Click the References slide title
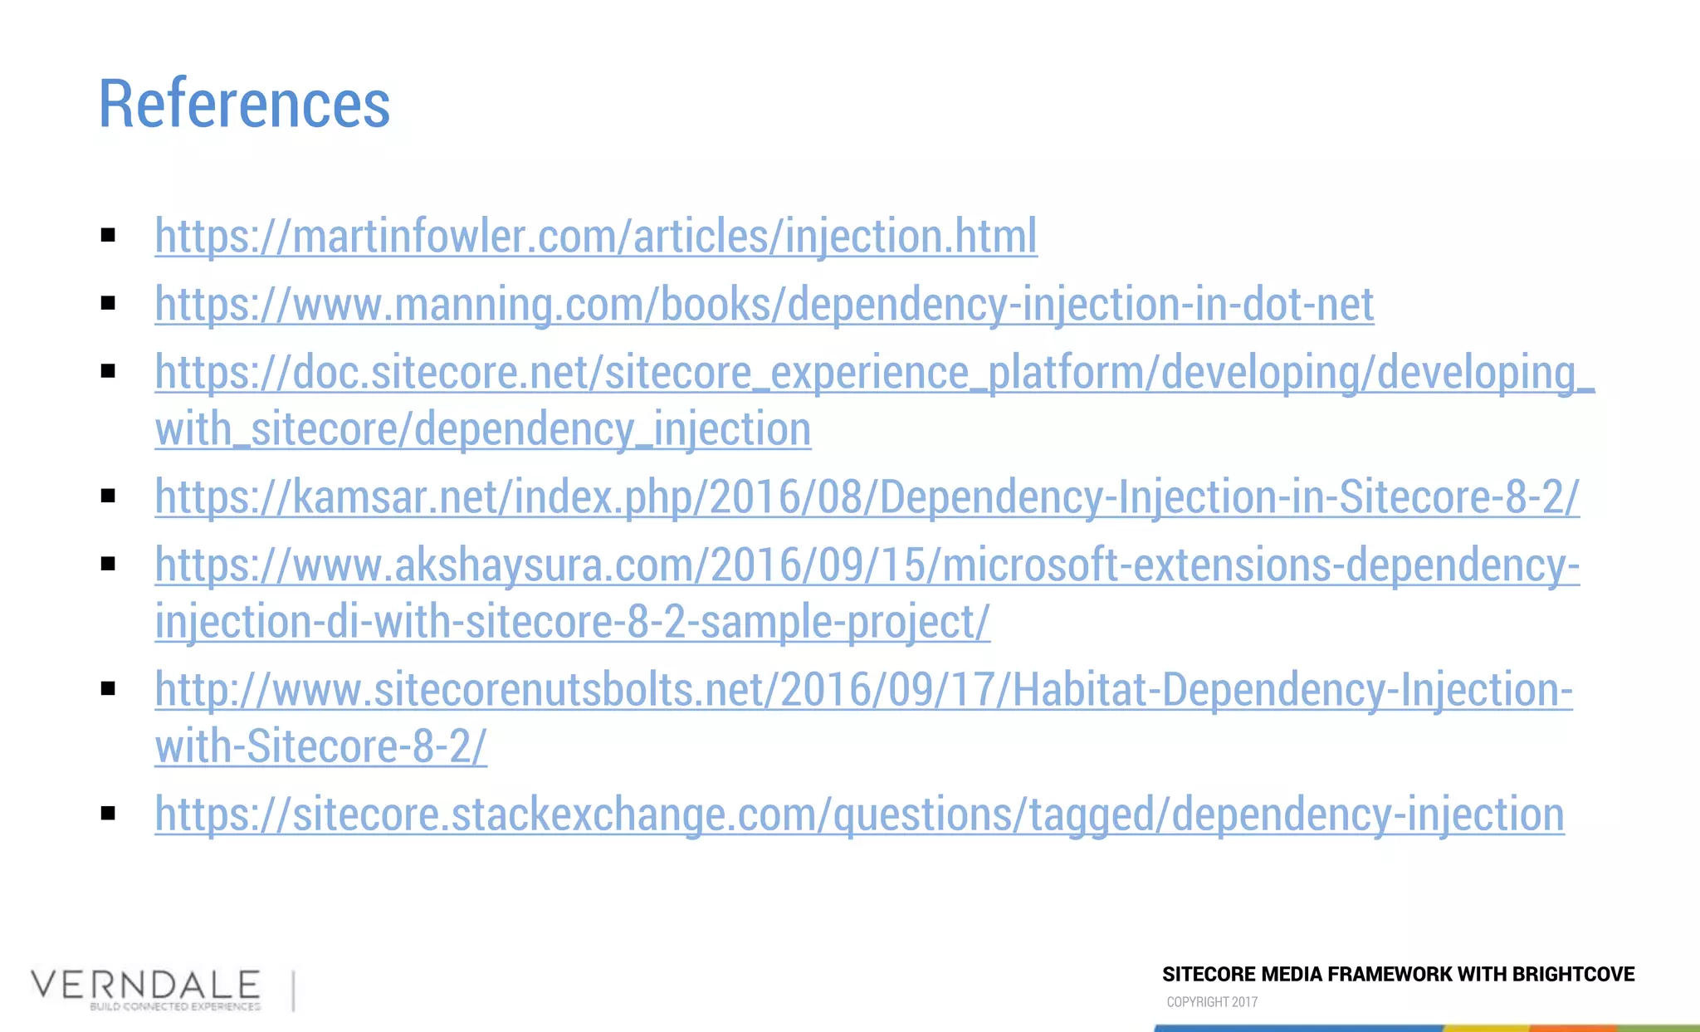click(x=244, y=104)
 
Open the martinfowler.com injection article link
click(x=595, y=236)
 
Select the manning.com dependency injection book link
click(x=764, y=304)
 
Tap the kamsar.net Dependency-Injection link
click(x=867, y=496)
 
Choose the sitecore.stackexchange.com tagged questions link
click(x=859, y=814)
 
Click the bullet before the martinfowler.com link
click(x=108, y=236)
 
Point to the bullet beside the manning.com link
click(x=108, y=304)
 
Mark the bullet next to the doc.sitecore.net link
click(x=108, y=371)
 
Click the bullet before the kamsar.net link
click(x=108, y=496)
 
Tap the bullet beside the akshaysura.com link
click(x=108, y=565)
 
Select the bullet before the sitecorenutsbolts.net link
click(x=108, y=689)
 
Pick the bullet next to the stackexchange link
click(x=108, y=814)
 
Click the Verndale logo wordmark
click(x=146, y=985)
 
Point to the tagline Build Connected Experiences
click(x=175, y=1007)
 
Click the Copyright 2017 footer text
click(x=1212, y=1002)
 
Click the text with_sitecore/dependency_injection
click(x=482, y=429)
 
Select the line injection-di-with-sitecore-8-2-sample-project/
click(x=572, y=622)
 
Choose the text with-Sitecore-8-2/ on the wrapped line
click(x=320, y=746)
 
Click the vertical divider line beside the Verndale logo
click(x=294, y=991)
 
